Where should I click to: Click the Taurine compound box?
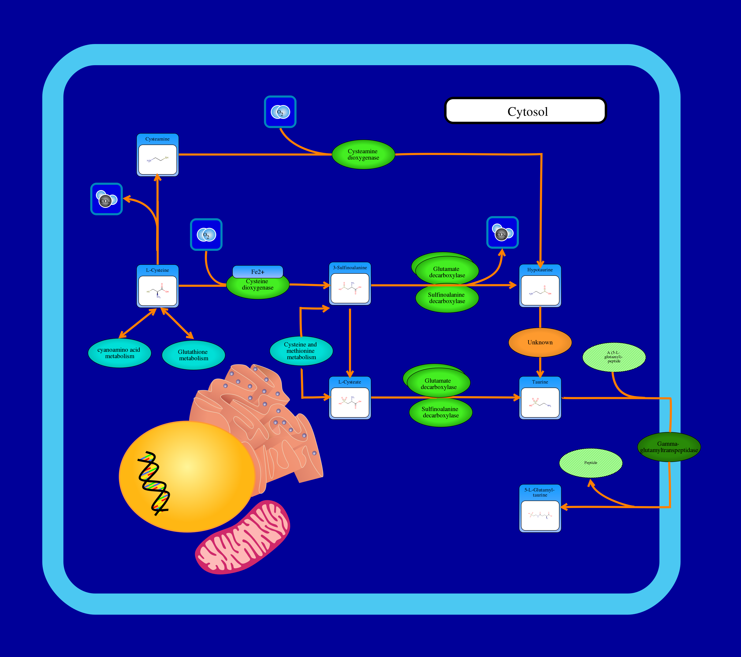540,398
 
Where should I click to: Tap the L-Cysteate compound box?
350,398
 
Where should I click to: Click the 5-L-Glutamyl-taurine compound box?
540,509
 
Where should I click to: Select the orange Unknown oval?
540,342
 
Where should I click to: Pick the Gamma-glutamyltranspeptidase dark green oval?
669,447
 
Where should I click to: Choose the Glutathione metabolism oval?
193,355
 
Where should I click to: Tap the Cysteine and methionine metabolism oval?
301,351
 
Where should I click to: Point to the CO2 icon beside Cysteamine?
106,199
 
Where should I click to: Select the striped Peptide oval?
591,463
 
